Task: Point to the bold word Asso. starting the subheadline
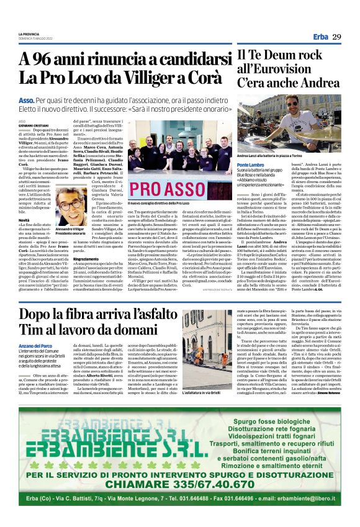point(27,100)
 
